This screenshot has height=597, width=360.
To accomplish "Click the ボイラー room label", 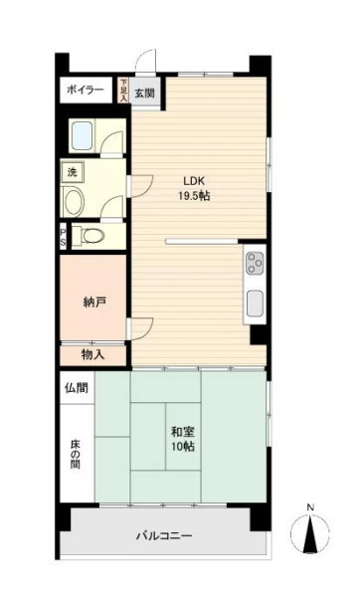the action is tap(86, 91).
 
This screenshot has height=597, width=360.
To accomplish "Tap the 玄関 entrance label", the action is tap(144, 93).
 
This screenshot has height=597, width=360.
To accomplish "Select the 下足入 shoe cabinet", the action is tap(123, 91).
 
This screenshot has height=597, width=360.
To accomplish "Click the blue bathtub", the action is tap(82, 135).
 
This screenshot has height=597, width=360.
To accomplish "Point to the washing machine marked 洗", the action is tap(73, 172).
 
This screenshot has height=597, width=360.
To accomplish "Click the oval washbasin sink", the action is tap(74, 201).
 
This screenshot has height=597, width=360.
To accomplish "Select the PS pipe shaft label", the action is tap(64, 237).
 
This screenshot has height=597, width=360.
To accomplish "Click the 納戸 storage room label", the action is tap(94, 302).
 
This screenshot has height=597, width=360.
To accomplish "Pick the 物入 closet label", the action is tap(92, 355).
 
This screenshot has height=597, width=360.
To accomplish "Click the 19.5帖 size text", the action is tap(194, 196).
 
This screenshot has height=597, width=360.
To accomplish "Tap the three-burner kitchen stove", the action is tap(255, 264).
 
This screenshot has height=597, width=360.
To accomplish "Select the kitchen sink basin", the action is tap(255, 303).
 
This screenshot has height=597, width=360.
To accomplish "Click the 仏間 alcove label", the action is tap(77, 388).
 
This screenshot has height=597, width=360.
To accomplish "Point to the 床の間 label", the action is tap(76, 454).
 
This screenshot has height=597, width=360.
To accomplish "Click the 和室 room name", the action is tap(183, 432).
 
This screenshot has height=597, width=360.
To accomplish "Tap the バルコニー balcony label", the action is tap(164, 536).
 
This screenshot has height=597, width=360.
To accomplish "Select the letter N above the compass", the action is tap(311, 507).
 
